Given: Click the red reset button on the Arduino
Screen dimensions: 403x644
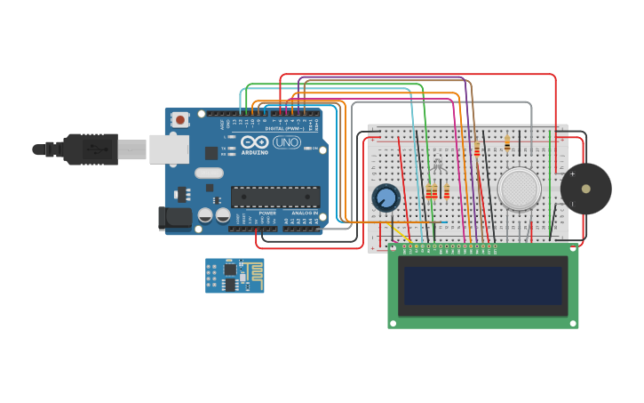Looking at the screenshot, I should click(180, 119).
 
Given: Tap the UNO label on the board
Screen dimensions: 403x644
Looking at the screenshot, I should click(287, 142).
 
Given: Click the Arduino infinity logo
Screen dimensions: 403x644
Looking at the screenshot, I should click(255, 142).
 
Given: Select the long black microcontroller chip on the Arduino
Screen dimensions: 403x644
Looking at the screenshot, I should click(275, 197).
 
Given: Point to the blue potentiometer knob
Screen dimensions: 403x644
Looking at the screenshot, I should click(386, 197).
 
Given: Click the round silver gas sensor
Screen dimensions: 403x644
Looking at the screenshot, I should click(519, 189).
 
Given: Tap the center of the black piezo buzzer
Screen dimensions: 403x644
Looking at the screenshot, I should click(585, 189).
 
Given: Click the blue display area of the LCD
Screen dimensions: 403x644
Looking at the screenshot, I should click(483, 286).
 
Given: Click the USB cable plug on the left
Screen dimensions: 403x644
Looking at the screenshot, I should click(89, 149).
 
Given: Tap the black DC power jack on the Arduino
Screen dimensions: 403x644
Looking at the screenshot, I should click(174, 217).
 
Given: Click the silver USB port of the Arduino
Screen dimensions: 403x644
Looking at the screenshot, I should click(168, 149).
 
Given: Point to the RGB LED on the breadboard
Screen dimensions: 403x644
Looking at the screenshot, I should click(437, 166).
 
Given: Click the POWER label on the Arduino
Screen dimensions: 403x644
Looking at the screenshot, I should click(266, 214).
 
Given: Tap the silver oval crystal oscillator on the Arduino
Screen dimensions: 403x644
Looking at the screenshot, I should click(209, 173).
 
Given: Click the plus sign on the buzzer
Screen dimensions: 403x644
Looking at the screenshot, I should click(572, 173).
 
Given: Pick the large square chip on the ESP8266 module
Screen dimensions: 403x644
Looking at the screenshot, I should click(229, 269).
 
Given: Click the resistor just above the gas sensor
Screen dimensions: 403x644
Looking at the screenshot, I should click(507, 141).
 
